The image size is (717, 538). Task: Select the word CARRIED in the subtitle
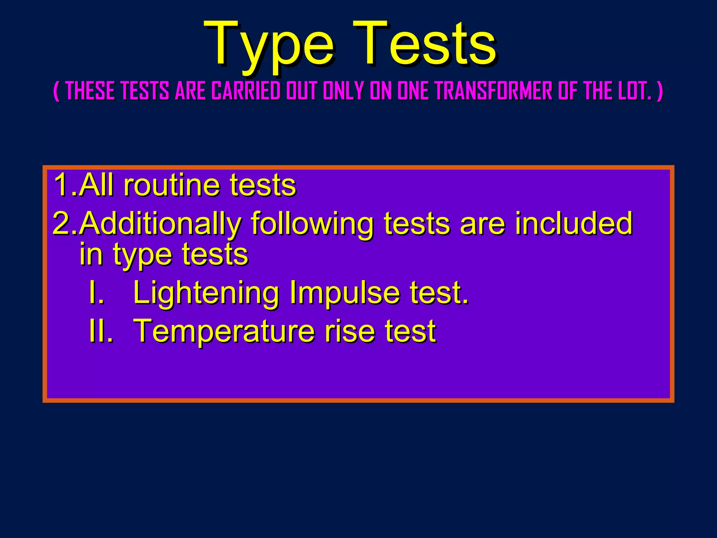pos(246,91)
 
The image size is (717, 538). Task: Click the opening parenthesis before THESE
pos(56,91)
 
